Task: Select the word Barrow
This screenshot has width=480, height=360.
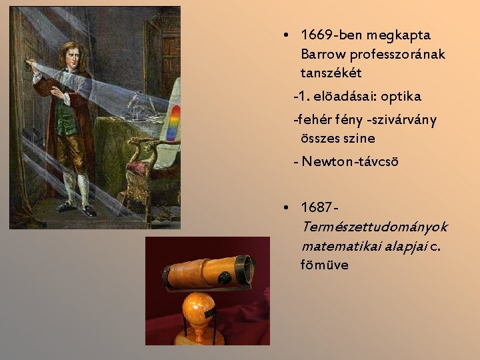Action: [x=324, y=53]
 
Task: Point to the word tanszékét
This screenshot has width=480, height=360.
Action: [x=331, y=72]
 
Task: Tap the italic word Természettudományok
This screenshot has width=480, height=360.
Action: [x=374, y=227]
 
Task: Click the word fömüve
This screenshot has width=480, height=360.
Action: [x=324, y=265]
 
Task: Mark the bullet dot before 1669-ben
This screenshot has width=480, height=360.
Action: [x=285, y=35]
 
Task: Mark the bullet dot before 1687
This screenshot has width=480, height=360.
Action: [x=285, y=208]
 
